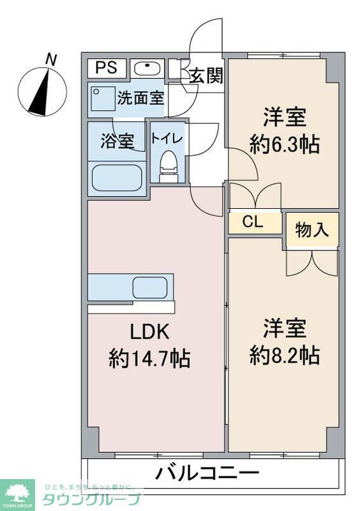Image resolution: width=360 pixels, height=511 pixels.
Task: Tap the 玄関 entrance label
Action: click(206, 76)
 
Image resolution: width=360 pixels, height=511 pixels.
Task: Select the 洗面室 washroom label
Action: click(140, 98)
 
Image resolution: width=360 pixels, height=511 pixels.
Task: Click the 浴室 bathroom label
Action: click(116, 141)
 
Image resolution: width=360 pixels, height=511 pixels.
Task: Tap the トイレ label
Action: click(167, 137)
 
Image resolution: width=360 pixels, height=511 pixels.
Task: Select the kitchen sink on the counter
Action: click(149, 287)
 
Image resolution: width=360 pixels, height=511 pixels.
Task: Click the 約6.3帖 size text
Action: click(284, 144)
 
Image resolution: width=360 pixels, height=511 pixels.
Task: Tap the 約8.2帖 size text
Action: click(284, 355)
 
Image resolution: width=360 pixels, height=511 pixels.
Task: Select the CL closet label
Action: click(253, 222)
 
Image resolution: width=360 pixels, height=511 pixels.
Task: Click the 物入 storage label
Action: click(312, 230)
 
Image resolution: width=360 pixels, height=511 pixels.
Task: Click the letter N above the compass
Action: click(51, 60)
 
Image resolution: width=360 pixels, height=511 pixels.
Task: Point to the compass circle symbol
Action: click(41, 90)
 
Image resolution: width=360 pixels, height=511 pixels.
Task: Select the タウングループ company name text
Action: click(91, 499)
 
